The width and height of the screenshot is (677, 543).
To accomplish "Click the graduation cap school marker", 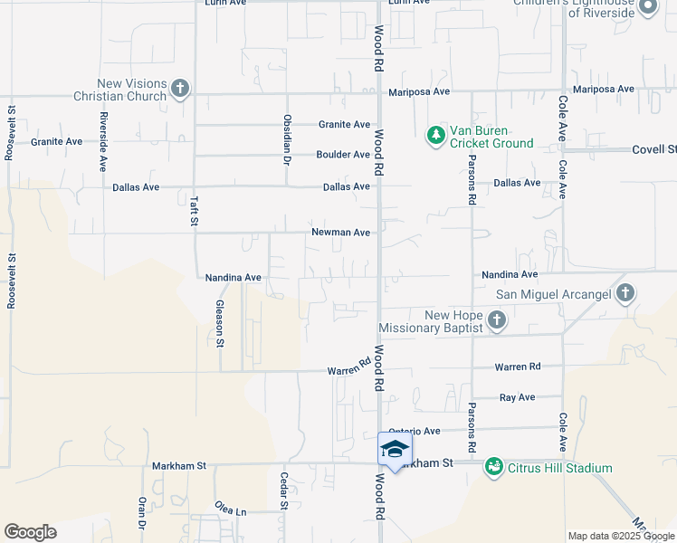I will pos(395,450).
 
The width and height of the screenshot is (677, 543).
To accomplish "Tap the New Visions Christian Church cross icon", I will pos(180,89).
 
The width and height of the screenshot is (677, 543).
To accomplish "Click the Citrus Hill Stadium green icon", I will pos(493,467).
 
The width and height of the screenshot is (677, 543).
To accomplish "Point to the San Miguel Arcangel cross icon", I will pos(625,293).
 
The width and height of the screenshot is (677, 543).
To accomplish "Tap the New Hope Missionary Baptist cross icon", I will pos(496,319).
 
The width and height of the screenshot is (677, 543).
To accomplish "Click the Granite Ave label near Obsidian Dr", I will pos(344,125).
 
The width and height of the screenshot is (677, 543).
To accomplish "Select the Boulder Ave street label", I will pos(343,155).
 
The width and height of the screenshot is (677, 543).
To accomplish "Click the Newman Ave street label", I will pos(340,233).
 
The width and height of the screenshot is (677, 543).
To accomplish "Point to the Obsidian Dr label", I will pos(287,134).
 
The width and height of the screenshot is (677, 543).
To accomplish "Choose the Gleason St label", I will pos(220,324).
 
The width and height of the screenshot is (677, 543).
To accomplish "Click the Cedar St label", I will pos(284,491).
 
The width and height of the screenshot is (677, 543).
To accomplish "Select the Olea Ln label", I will pos(230,510).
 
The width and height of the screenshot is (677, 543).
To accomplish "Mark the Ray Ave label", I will pos(517,397).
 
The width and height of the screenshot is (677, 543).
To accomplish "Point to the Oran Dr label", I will pos(142,512).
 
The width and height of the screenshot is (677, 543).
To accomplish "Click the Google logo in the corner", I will pos(30,532).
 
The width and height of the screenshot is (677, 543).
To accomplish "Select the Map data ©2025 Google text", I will pos(620,536).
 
